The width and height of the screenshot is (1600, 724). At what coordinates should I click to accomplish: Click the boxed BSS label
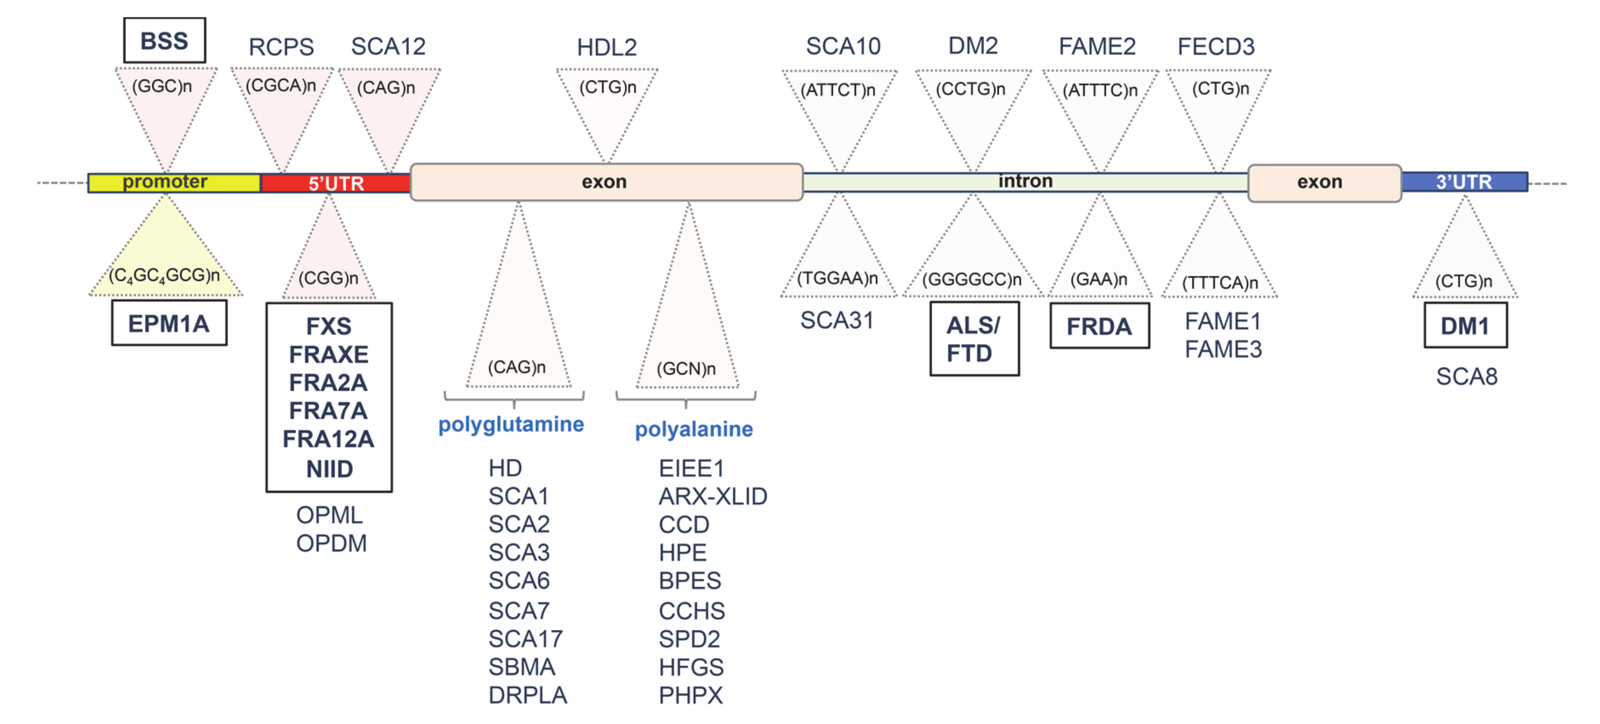[164, 41]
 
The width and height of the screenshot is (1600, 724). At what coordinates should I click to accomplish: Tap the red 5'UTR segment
[335, 183]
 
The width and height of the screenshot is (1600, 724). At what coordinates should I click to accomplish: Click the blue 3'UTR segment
[1464, 182]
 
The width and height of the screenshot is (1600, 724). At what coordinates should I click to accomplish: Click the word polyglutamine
[511, 425]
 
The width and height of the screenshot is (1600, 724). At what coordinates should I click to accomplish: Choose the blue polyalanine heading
[693, 429]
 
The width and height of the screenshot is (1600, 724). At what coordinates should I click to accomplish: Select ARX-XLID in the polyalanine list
[712, 497]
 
